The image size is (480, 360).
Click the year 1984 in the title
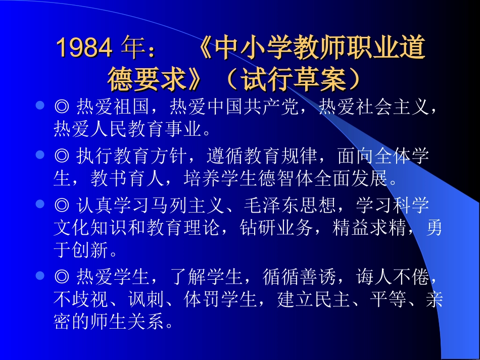83,48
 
